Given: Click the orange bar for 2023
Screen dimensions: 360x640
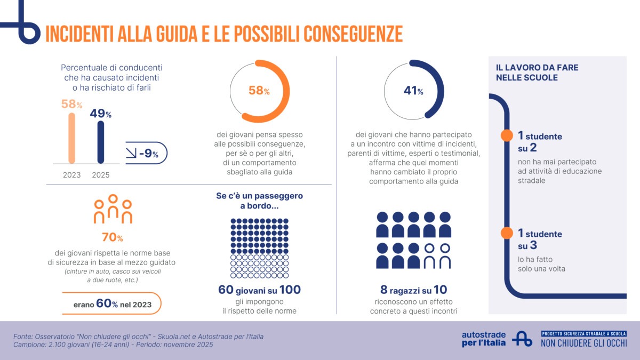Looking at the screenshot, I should [x=71, y=138].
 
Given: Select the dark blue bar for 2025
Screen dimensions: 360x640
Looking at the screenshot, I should [x=101, y=142].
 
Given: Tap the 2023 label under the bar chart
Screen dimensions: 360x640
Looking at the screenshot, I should [x=71, y=175].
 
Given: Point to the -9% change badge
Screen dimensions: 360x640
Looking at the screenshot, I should [x=146, y=154].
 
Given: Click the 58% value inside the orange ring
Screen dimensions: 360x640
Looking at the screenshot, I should [x=259, y=91].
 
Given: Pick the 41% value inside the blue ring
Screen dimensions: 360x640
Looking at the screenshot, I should [x=413, y=91].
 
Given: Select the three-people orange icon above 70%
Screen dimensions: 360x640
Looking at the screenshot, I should [x=113, y=209].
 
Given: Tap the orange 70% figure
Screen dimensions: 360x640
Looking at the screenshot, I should [x=113, y=237].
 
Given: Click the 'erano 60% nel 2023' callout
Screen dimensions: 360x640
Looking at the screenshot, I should [x=112, y=305].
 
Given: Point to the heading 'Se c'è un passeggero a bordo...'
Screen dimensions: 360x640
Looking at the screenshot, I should [x=259, y=201].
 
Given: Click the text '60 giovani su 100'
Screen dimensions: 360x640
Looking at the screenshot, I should [x=259, y=290].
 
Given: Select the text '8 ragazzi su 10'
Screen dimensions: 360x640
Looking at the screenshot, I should [x=413, y=290].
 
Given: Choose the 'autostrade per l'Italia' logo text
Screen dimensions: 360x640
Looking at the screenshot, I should [x=484, y=339].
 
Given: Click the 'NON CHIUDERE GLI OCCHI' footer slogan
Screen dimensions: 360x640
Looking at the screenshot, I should [x=583, y=343].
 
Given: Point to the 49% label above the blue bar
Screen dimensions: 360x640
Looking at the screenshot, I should [x=101, y=114].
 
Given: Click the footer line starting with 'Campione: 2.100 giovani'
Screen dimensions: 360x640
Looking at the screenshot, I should [x=113, y=345].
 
